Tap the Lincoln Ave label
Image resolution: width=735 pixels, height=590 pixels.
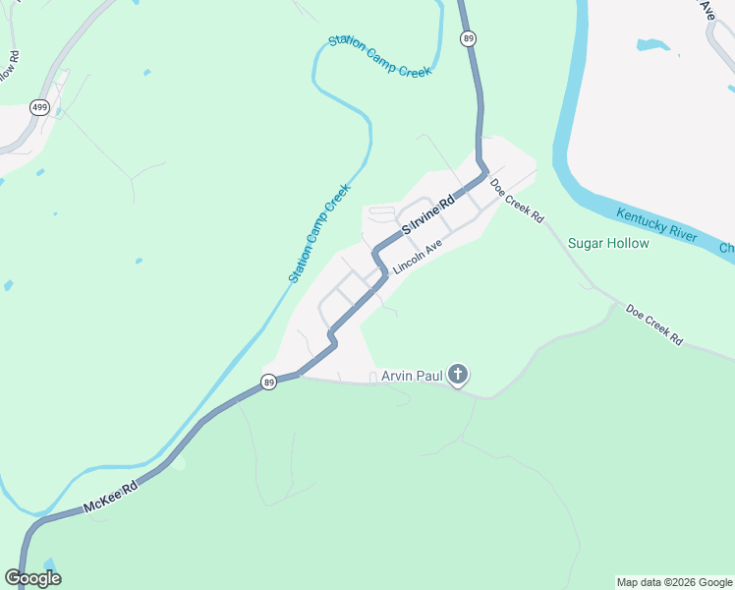pyautogui.click(x=419, y=258)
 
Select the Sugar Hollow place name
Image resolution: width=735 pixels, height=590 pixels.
pyautogui.click(x=608, y=243)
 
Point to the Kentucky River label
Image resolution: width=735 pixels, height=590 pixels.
pyautogui.click(x=656, y=224)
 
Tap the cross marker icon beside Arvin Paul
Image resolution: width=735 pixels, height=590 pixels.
pyautogui.click(x=457, y=374)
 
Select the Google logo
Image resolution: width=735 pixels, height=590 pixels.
pyautogui.click(x=32, y=578)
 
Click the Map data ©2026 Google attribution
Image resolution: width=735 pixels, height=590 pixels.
pyautogui.click(x=673, y=582)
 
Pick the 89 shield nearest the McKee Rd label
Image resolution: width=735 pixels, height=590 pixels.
pyautogui.click(x=269, y=382)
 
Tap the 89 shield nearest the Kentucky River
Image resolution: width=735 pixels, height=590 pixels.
pyautogui.click(x=469, y=38)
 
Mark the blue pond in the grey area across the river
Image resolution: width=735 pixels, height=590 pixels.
pyautogui.click(x=654, y=45)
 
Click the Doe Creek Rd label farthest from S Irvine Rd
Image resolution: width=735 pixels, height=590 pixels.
pyautogui.click(x=653, y=324)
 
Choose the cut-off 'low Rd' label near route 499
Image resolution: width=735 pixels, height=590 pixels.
pyautogui.click(x=8, y=71)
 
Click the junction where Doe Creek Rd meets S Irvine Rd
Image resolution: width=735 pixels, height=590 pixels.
pyautogui.click(x=486, y=175)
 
